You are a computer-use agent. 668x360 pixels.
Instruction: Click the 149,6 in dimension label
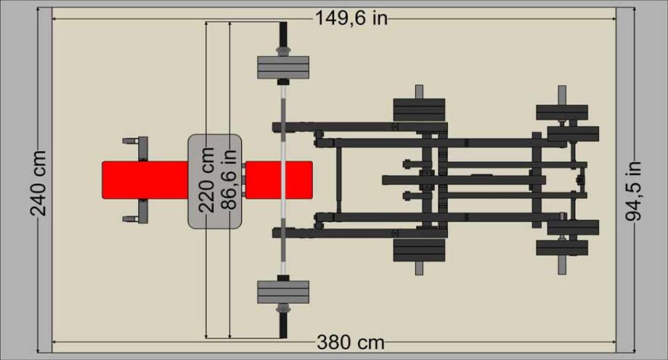351,18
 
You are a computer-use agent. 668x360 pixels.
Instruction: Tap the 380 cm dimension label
351,342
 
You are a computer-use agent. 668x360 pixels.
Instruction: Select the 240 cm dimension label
38,183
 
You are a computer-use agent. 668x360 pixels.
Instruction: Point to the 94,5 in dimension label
633,190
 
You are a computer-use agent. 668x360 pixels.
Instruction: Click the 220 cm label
207,179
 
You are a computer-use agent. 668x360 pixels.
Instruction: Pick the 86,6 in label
229,179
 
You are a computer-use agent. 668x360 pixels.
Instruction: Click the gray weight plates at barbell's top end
283,67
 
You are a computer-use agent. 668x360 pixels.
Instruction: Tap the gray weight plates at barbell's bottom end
283,292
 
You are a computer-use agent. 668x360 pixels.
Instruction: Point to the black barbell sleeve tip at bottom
283,326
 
